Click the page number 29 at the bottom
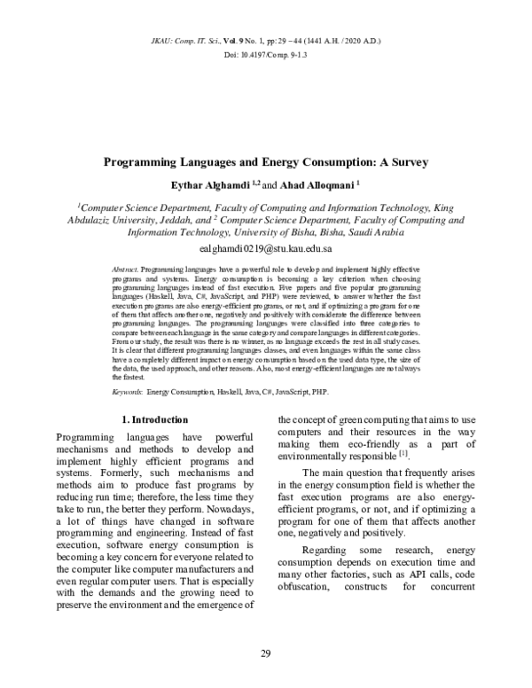click(x=265, y=653)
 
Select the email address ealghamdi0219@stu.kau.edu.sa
click(x=265, y=251)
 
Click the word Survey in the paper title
click(x=404, y=163)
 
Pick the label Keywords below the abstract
click(x=129, y=390)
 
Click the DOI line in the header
click(x=265, y=56)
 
